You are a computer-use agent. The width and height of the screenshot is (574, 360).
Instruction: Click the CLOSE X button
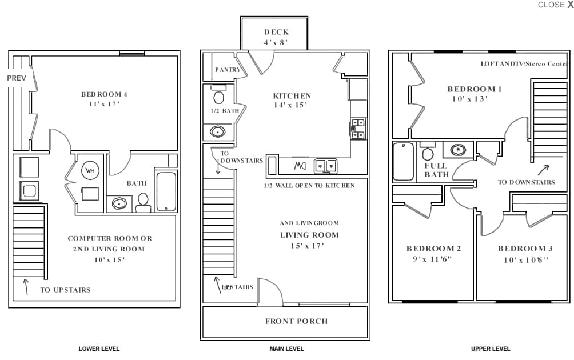point(555,5)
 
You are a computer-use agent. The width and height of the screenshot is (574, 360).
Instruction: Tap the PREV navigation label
point(17,78)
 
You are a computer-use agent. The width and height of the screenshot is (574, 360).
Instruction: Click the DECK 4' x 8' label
point(276,37)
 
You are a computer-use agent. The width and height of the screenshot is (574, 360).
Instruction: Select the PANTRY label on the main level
point(228,70)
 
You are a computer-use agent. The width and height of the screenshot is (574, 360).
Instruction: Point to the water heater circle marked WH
point(90,170)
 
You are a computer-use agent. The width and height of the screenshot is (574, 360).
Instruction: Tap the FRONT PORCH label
point(296,321)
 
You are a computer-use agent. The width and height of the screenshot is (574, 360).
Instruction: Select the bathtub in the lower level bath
point(166,191)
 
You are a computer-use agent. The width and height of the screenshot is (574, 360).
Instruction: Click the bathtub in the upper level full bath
point(403,162)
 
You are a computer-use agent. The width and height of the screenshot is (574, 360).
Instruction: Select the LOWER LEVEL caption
point(99,349)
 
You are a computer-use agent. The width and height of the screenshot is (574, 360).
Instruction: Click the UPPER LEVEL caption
point(491,349)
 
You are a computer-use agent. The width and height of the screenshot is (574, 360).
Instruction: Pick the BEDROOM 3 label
point(525,249)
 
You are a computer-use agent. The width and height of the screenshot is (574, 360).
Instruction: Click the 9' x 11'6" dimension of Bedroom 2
point(433,258)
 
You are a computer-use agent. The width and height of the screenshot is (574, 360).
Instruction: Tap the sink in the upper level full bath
point(458,150)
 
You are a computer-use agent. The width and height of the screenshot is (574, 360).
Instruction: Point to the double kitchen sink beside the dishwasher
point(325,166)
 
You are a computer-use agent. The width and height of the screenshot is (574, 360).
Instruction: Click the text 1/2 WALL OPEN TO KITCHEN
point(309,186)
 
